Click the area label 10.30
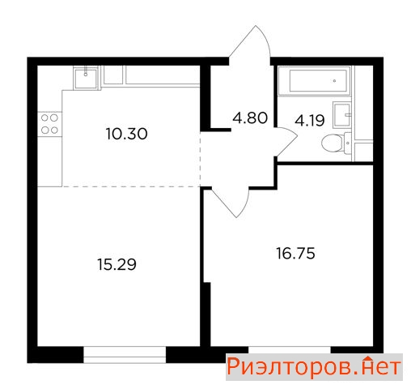click(127, 134)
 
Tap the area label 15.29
click(117, 264)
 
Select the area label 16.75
click(295, 254)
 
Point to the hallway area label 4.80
click(250, 118)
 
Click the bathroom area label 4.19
click(310, 121)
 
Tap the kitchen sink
click(86, 79)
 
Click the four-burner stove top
click(49, 124)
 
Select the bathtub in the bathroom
click(315, 80)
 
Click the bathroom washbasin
click(342, 115)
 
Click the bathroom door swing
click(286, 141)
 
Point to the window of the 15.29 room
click(125, 355)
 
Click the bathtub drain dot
click(335, 80)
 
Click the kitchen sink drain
click(86, 74)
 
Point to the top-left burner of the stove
click(44, 118)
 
